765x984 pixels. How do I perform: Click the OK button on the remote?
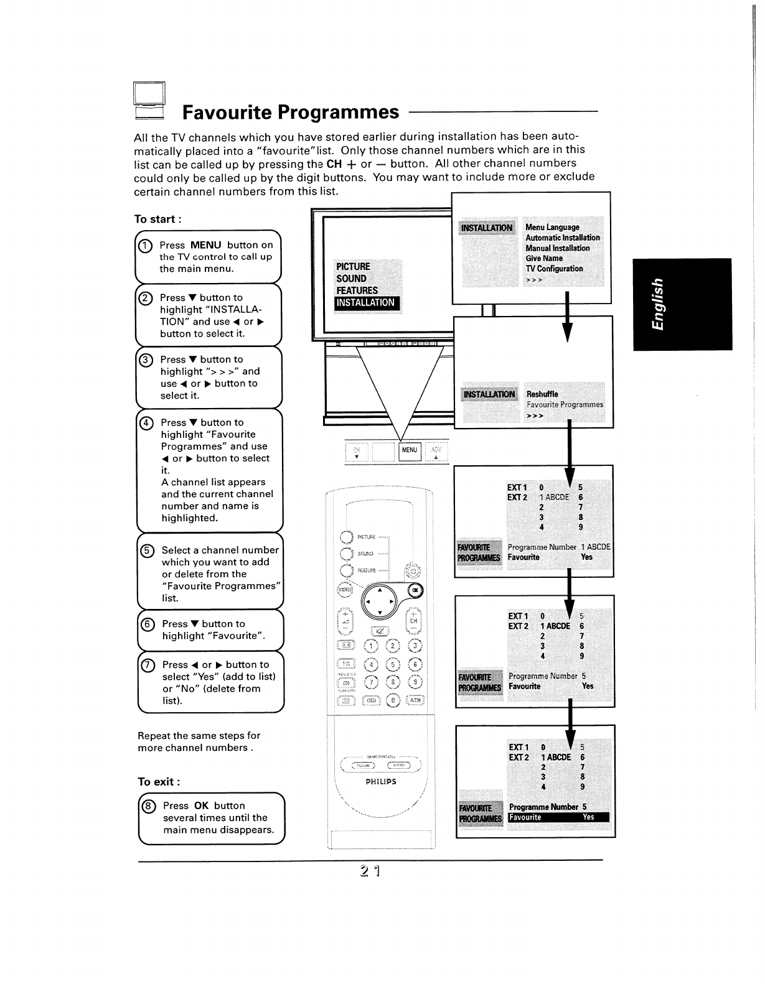pos(415,590)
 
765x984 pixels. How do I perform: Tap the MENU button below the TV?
pos(410,450)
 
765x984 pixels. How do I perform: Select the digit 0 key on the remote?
pos(393,700)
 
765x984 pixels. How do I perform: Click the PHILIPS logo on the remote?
pos(381,781)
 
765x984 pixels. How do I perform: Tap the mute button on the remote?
pos(380,632)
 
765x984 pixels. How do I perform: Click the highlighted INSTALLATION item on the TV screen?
pos(366,303)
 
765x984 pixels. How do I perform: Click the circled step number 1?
pos(144,245)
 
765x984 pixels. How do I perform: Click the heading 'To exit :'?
pos(159,782)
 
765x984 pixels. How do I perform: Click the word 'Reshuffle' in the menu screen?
pos(542,394)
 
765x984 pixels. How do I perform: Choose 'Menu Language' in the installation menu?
pos(552,228)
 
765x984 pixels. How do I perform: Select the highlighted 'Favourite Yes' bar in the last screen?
pos(558,817)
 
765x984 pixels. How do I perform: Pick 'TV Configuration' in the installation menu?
pos(554,269)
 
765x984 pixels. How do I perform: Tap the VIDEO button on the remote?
pos(344,590)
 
